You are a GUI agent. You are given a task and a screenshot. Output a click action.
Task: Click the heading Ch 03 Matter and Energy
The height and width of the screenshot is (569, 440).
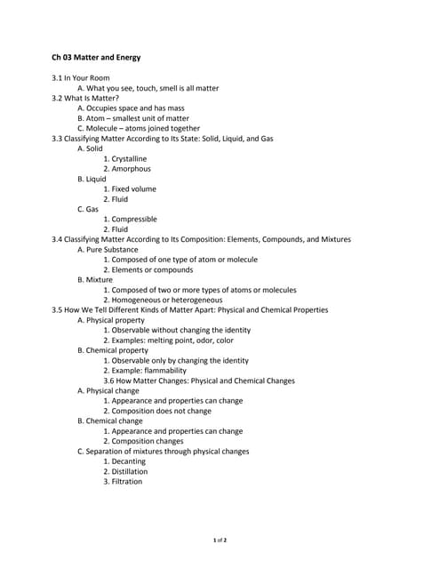pyautogui.click(x=96, y=57)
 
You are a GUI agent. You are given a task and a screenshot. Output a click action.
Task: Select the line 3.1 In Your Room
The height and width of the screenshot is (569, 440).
pyautogui.click(x=81, y=78)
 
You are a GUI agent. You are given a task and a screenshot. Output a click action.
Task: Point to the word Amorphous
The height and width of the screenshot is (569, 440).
pyautogui.click(x=131, y=169)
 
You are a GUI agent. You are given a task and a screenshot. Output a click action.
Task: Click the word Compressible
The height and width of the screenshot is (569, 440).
pyautogui.click(x=134, y=219)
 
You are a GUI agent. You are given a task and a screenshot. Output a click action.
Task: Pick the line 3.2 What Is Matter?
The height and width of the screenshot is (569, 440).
pyautogui.click(x=92, y=98)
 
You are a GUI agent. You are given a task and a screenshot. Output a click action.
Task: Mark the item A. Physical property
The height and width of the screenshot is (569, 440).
pyautogui.click(x=111, y=320)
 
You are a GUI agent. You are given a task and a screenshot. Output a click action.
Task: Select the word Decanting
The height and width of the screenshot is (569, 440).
pyautogui.click(x=126, y=461)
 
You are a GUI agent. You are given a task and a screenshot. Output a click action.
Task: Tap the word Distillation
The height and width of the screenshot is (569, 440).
pyautogui.click(x=127, y=471)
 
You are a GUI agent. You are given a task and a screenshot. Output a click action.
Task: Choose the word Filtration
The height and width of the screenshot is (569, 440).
pyautogui.click(x=126, y=482)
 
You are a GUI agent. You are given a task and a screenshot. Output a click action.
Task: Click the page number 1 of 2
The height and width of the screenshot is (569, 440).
pyautogui.click(x=220, y=541)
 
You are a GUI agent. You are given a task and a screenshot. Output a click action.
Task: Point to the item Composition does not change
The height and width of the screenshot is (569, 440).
pyautogui.click(x=161, y=411)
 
